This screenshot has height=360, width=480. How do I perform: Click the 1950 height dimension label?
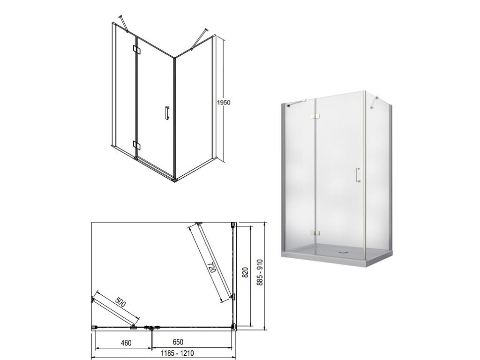coord(224,103)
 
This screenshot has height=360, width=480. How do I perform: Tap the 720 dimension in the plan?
coord(211,267)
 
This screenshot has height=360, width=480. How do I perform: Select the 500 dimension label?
coord(120,302)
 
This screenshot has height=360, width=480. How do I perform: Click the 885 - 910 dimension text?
coord(260,272)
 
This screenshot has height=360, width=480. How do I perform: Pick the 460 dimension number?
coord(126,343)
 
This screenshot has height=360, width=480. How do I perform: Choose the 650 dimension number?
coord(178,342)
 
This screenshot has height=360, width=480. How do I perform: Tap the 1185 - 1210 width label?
coord(177,353)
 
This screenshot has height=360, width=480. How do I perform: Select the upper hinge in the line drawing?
coord(136,49)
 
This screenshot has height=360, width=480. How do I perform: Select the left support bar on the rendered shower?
coord(296,103)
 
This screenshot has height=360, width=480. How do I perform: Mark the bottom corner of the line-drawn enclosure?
coord(174,180)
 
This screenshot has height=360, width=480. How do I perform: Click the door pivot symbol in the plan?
coord(150,328)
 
